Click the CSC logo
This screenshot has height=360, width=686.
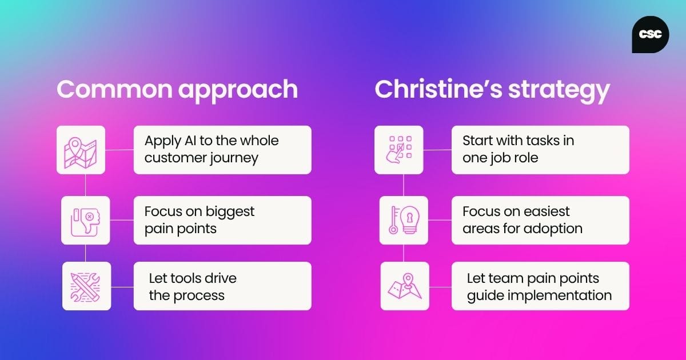[x=651, y=34]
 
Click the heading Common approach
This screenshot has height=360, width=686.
[x=177, y=90]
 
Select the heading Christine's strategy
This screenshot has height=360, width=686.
[x=492, y=90]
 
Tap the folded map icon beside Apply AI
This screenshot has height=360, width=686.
[x=81, y=150]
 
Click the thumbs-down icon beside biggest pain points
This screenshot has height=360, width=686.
[x=85, y=221]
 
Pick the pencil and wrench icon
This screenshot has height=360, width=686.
[x=86, y=286]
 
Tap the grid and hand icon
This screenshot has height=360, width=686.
[x=398, y=150]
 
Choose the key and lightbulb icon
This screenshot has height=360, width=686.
[x=404, y=221]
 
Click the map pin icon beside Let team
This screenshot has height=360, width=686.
[x=404, y=286]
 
